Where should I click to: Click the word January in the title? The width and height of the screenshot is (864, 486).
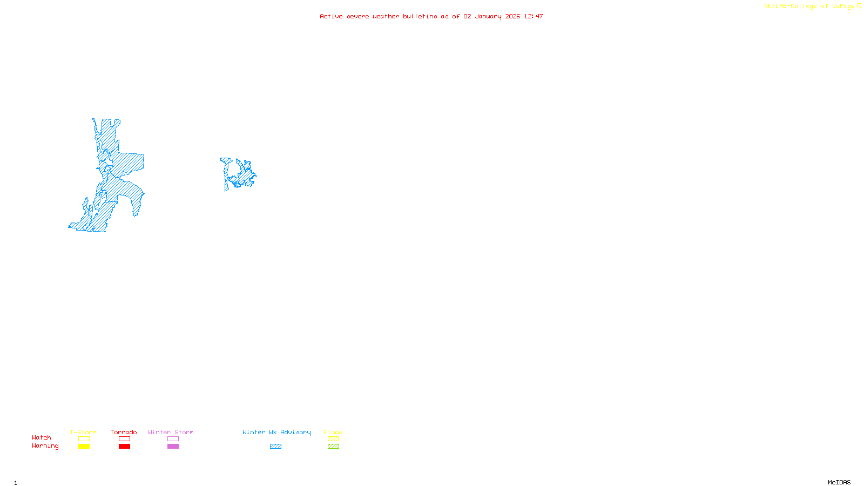click(488, 16)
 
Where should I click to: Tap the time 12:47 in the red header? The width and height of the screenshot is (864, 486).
click(534, 16)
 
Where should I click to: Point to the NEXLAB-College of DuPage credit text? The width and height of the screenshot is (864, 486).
click(809, 6)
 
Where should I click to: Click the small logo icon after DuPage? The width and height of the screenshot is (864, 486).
click(859, 6)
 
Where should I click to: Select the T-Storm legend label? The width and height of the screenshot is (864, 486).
click(83, 432)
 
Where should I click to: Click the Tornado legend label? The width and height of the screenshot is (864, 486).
click(124, 432)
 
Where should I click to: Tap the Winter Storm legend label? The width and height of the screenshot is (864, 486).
click(171, 432)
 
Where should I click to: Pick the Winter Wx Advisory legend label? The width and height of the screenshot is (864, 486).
click(276, 432)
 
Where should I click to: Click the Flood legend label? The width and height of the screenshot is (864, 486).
click(333, 432)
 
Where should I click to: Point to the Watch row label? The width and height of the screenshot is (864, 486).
click(42, 437)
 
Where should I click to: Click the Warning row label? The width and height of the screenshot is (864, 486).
click(45, 446)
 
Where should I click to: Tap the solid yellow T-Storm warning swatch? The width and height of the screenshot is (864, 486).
click(84, 447)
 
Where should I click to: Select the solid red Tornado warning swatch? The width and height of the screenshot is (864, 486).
click(124, 447)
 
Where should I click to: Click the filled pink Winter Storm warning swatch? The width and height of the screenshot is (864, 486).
click(173, 447)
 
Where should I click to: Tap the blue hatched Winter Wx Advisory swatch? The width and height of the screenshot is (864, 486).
click(275, 447)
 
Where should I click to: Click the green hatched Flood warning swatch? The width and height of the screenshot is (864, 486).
click(333, 447)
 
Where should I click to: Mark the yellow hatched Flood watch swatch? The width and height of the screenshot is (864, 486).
click(333, 439)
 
